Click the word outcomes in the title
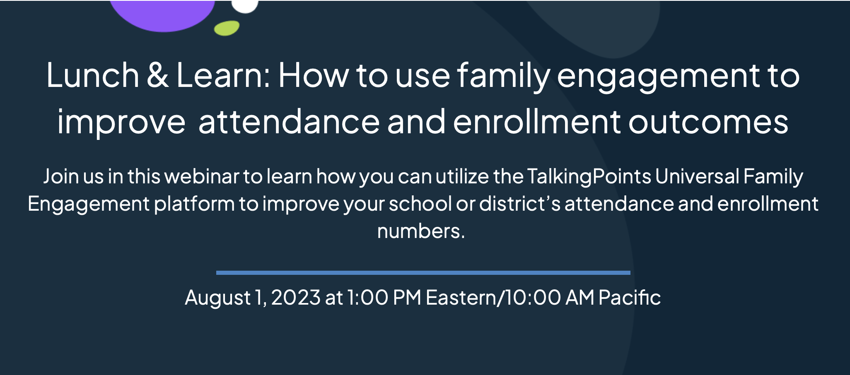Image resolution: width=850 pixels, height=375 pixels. (708, 122)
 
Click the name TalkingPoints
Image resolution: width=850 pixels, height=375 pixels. (589, 177)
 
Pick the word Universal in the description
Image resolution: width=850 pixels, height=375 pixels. (697, 176)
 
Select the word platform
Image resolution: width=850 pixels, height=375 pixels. (194, 204)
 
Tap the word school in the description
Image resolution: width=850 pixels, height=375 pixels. (420, 204)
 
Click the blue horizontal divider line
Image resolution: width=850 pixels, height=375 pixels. (423, 273)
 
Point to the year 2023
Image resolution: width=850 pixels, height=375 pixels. (296, 298)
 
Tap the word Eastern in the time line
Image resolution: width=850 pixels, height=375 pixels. (461, 298)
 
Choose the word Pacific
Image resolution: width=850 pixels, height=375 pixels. (629, 298)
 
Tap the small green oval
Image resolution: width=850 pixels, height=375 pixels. (227, 28)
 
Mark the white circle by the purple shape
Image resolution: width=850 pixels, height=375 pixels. (245, 6)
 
